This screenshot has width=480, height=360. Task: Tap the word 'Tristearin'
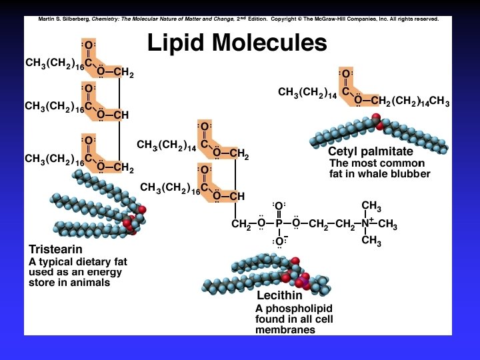coord(54,249)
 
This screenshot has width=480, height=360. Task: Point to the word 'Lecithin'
coord(279,295)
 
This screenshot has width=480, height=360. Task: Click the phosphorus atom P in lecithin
coord(279,224)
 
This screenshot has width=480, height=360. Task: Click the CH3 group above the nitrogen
coord(371,206)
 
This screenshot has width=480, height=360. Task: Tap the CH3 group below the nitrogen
coord(371,241)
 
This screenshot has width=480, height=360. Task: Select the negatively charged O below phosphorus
coord(279,241)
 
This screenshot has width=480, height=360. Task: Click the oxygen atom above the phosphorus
coord(279,206)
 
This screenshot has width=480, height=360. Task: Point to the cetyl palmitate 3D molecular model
coord(380,133)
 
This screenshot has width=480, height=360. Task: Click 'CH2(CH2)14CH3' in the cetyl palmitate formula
coord(410,101)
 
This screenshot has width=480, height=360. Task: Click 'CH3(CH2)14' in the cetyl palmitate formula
coord(307,93)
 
